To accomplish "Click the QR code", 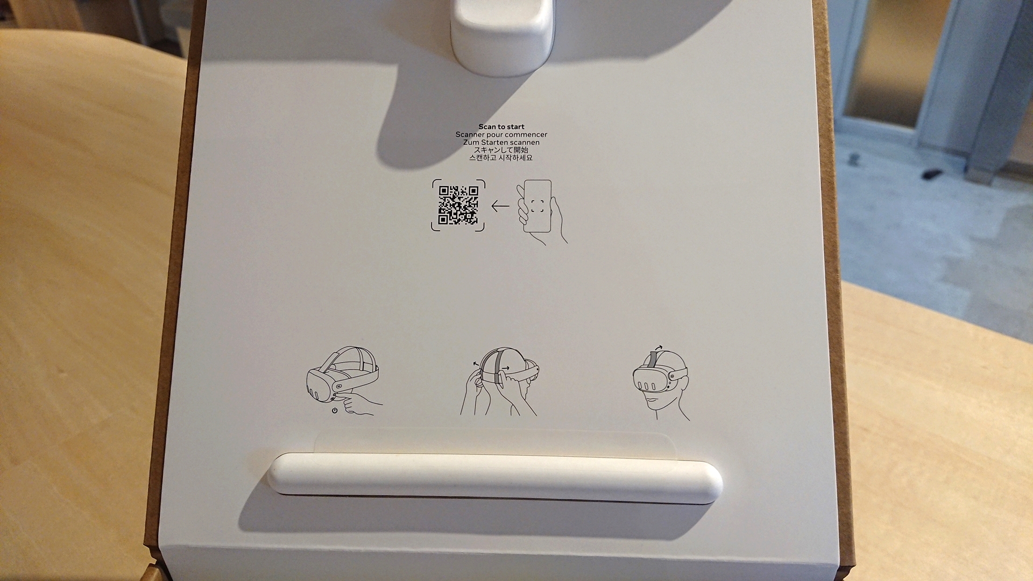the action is click(x=458, y=205).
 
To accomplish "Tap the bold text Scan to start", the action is click(x=501, y=127).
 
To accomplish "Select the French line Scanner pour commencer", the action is click(x=501, y=134).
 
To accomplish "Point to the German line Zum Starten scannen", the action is click(x=501, y=143).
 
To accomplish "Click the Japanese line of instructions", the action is click(x=501, y=150).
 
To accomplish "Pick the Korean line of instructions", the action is click(x=501, y=158).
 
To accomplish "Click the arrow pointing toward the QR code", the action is click(x=500, y=206).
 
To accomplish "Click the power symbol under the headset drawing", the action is click(x=335, y=410).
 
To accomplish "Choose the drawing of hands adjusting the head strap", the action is click(x=499, y=381).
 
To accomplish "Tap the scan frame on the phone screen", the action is click(x=536, y=206).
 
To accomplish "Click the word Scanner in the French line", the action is click(x=470, y=134).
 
